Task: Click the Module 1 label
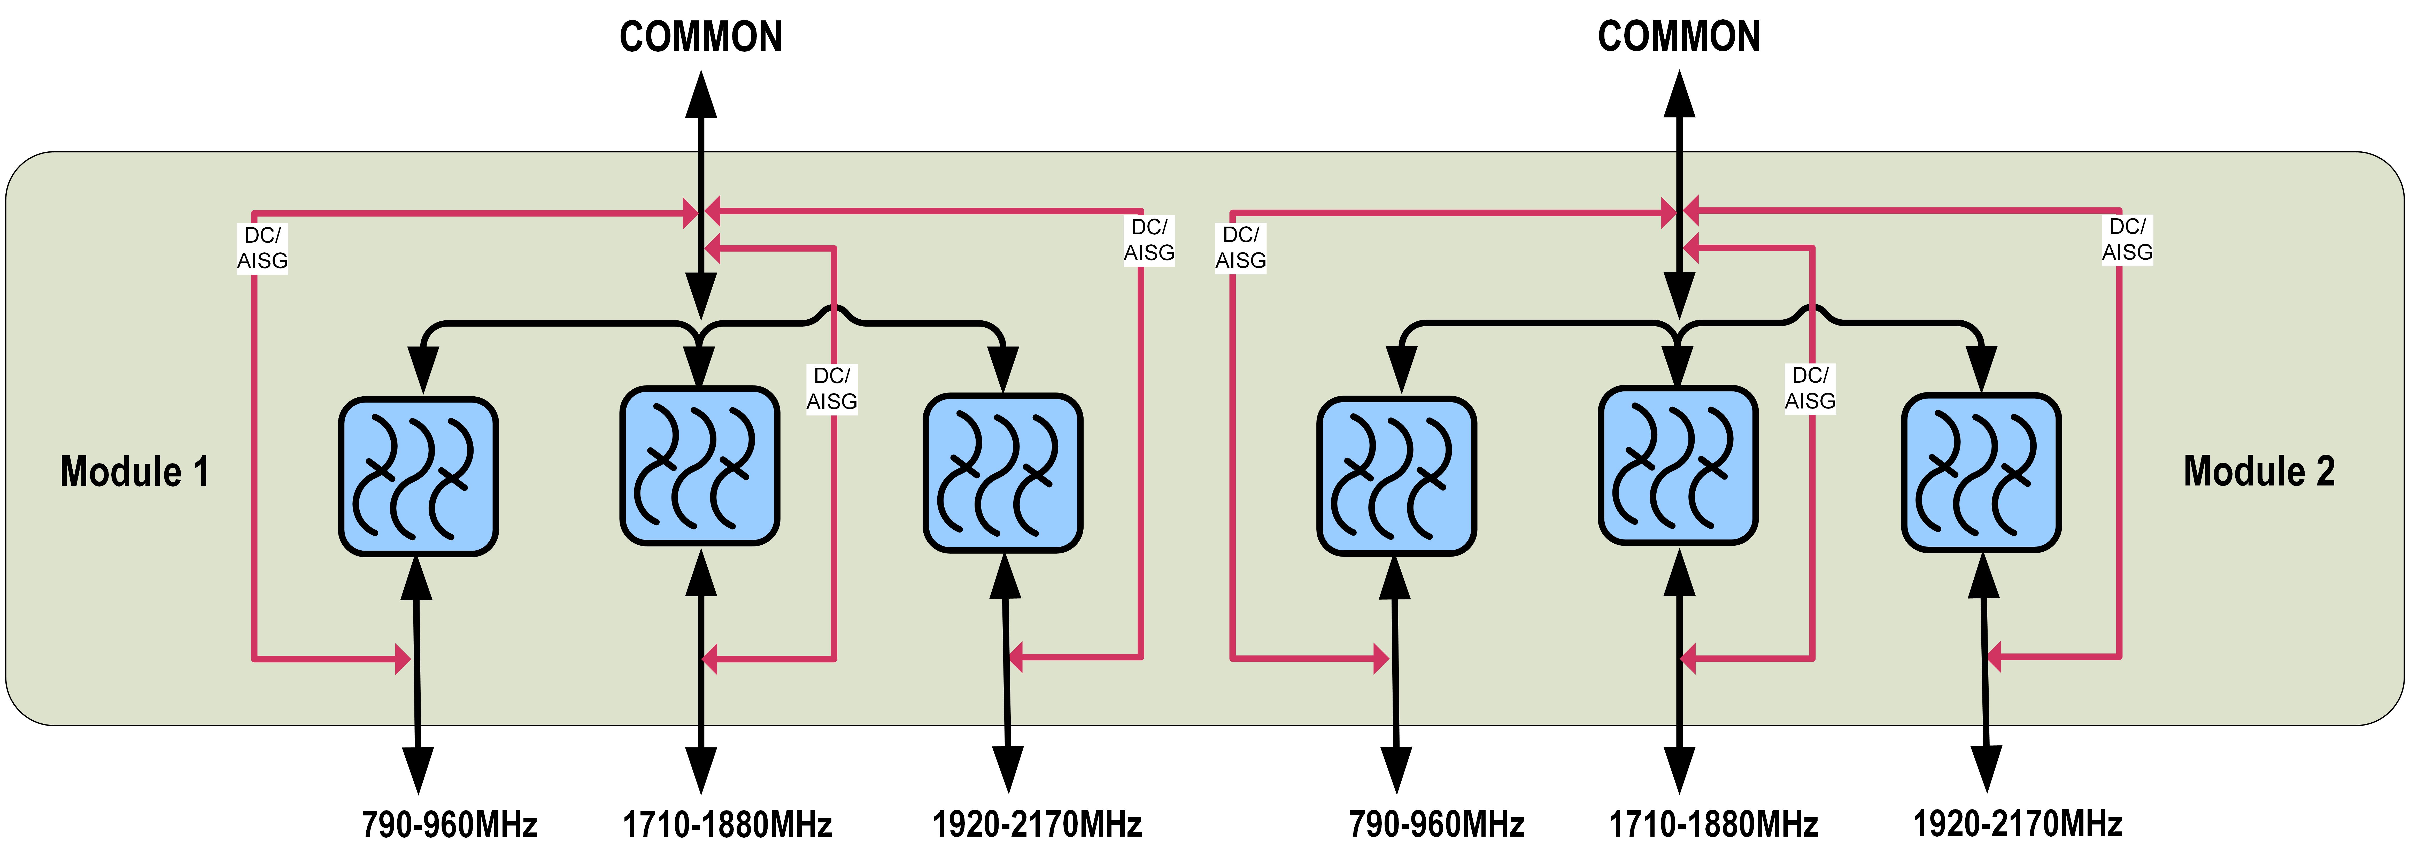pyautogui.click(x=135, y=472)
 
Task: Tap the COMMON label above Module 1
pyautogui.click(x=701, y=37)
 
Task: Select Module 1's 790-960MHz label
pyautogui.click(x=449, y=825)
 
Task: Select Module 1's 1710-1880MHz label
pyautogui.click(x=727, y=825)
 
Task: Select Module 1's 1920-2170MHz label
pyautogui.click(x=1037, y=825)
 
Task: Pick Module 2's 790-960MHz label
pyautogui.click(x=1436, y=825)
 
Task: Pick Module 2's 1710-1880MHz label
pyautogui.click(x=1713, y=825)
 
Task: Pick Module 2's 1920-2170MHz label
pyautogui.click(x=2017, y=825)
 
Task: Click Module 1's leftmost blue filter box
pyautogui.click(x=418, y=476)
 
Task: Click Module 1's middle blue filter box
pyautogui.click(x=700, y=465)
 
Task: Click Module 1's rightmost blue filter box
pyautogui.click(x=1003, y=473)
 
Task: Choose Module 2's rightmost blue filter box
pyautogui.click(x=1982, y=473)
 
